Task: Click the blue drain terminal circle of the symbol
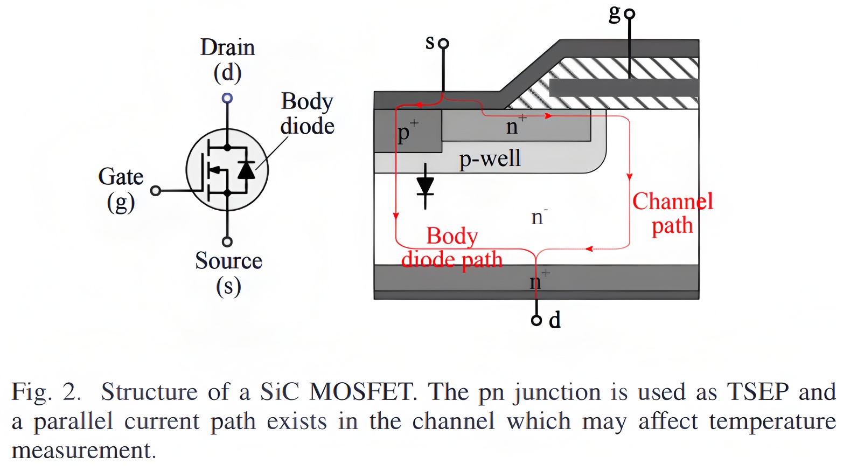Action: coord(227,98)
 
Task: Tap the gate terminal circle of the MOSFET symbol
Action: coord(156,190)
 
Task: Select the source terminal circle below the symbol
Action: coord(227,241)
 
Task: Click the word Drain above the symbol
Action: coord(227,47)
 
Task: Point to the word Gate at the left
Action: coord(121,177)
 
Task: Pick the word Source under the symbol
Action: coord(228,261)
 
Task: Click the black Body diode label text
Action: coord(307,113)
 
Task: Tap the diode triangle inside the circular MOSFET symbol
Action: coord(246,170)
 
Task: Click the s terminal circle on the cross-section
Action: coord(443,44)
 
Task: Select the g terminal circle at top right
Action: coord(629,14)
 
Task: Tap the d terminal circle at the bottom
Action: coord(537,321)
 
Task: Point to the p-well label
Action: coord(490,158)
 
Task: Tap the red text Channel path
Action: coord(672,213)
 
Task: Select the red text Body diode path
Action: coord(452,248)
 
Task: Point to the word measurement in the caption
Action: coord(83,450)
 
